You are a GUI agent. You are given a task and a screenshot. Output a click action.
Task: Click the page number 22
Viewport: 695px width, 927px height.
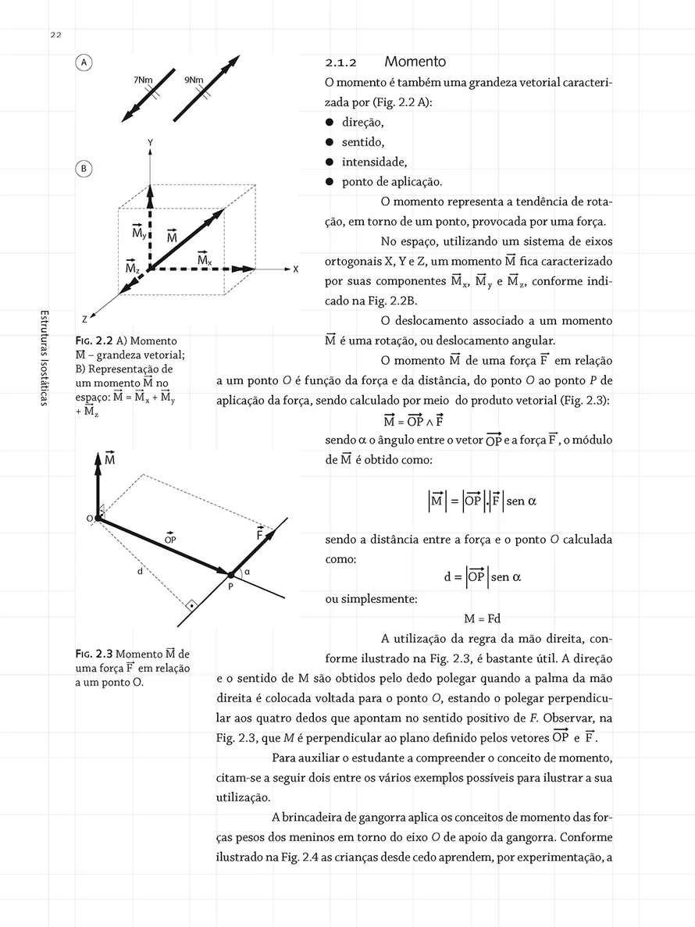coord(56,34)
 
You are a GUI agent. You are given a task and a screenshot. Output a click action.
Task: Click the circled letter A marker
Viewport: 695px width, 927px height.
coord(84,63)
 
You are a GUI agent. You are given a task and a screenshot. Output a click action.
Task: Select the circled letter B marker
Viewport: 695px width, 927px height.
coord(84,169)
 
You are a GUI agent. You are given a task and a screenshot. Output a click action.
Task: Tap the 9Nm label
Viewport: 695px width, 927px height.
coord(193,80)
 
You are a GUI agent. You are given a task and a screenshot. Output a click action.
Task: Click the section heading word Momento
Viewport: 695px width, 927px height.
coord(415,62)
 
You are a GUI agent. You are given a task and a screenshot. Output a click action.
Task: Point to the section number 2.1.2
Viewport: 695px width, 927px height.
coord(340,62)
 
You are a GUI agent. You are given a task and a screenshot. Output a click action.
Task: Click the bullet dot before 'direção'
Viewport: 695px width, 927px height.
coord(330,123)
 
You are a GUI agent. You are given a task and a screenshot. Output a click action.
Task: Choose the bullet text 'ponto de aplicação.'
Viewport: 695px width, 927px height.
coord(392,183)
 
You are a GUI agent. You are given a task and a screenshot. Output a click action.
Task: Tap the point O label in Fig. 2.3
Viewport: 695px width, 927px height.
coord(89,518)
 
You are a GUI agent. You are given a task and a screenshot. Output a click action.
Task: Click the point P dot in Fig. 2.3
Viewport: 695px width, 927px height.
coord(230,575)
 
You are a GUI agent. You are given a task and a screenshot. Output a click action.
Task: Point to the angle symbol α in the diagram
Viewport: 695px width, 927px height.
coord(247,572)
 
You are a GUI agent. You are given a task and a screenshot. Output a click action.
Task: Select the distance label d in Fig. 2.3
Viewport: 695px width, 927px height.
coord(139,572)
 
